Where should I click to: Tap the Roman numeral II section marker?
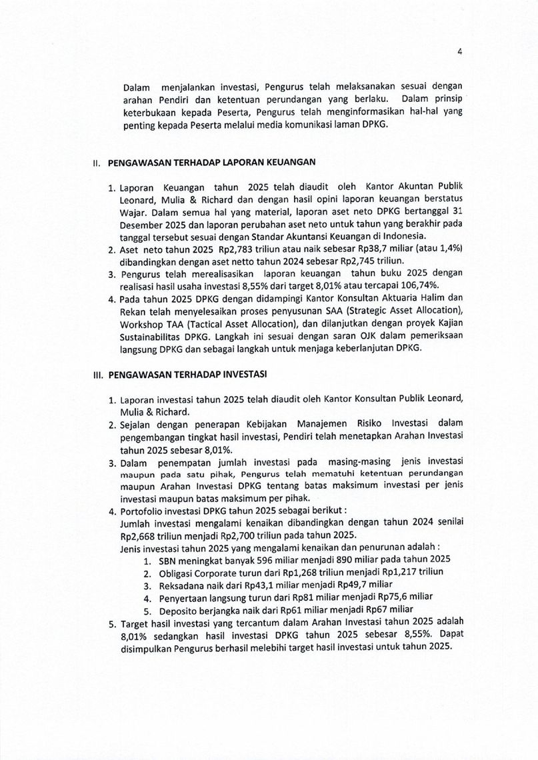[95, 162]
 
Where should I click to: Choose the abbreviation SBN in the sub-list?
[169, 560]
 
